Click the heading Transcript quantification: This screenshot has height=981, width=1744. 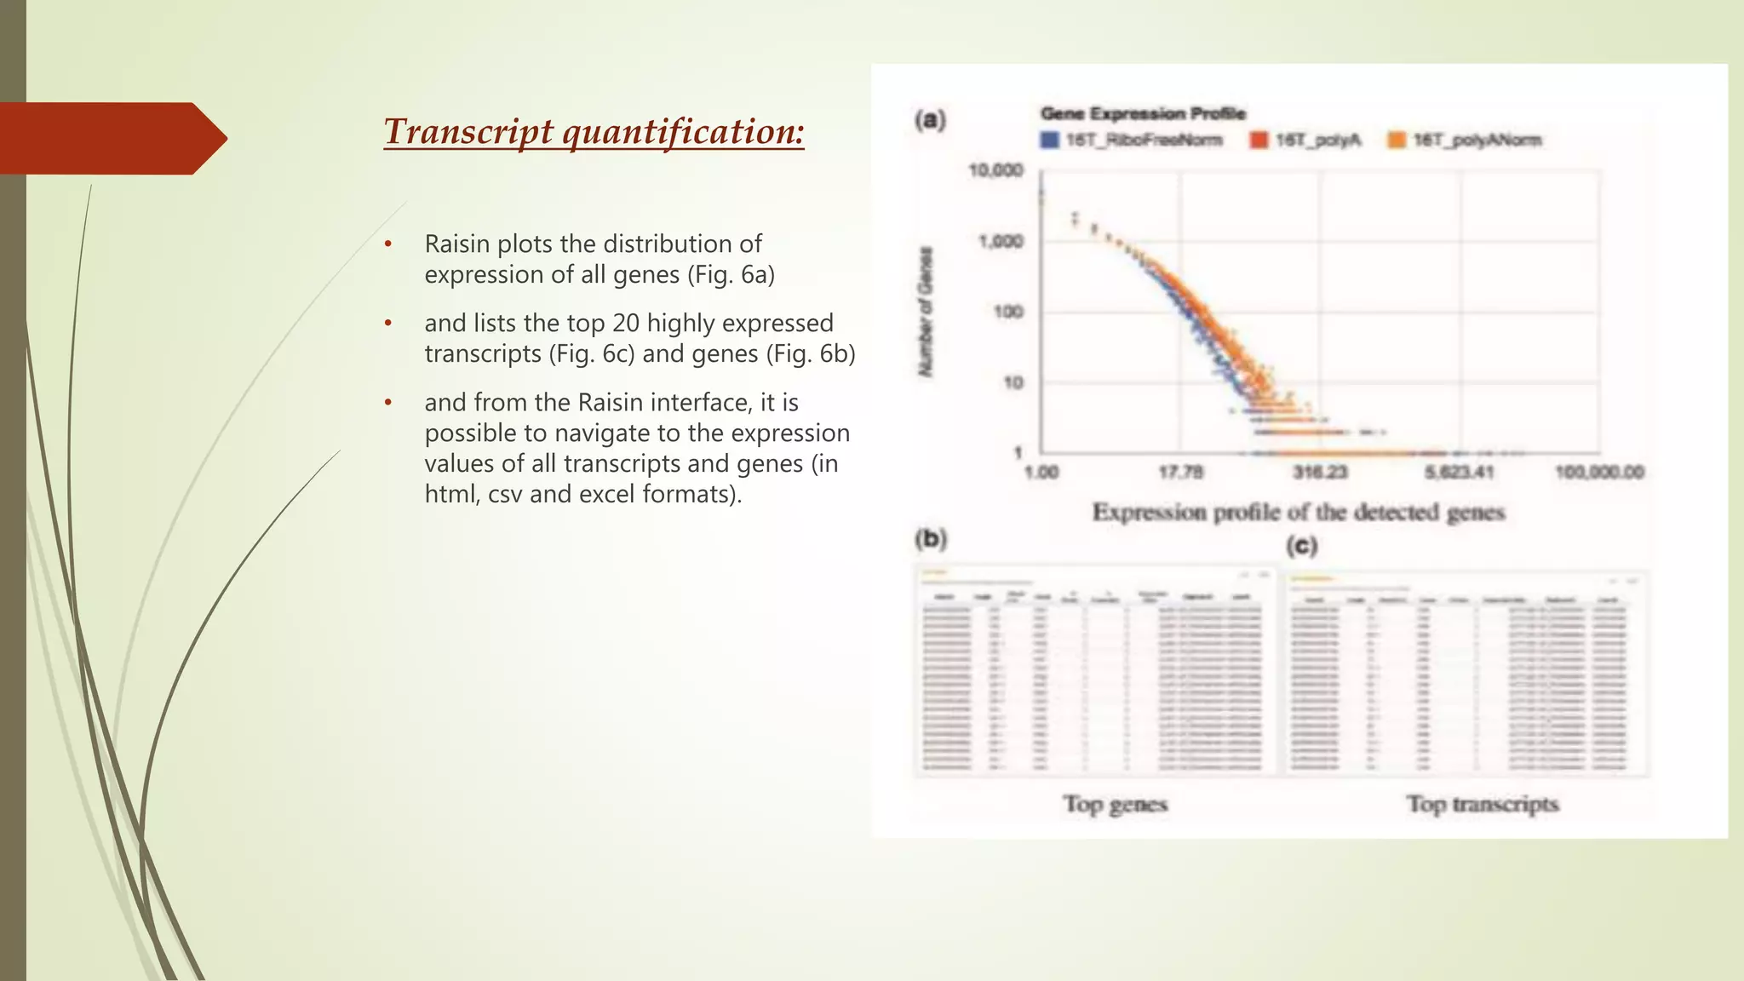coord(594,132)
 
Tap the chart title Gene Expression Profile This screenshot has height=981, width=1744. coord(1143,113)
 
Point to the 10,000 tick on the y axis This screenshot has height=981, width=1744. coord(995,171)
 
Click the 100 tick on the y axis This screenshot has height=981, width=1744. coord(1007,313)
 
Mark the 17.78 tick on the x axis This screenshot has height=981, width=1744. coord(1180,472)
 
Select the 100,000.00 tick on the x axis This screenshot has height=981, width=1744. coord(1599,472)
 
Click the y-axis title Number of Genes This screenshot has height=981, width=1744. coord(926,312)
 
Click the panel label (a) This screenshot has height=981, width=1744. coord(931,120)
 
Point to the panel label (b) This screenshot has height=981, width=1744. coord(931,538)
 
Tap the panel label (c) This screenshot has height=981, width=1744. coord(1302,545)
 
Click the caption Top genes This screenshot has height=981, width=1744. coord(1115,804)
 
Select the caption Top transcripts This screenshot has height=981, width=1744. coord(1483,804)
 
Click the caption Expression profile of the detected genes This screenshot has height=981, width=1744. coord(1299,512)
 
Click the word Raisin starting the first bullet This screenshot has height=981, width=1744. coord(457,244)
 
